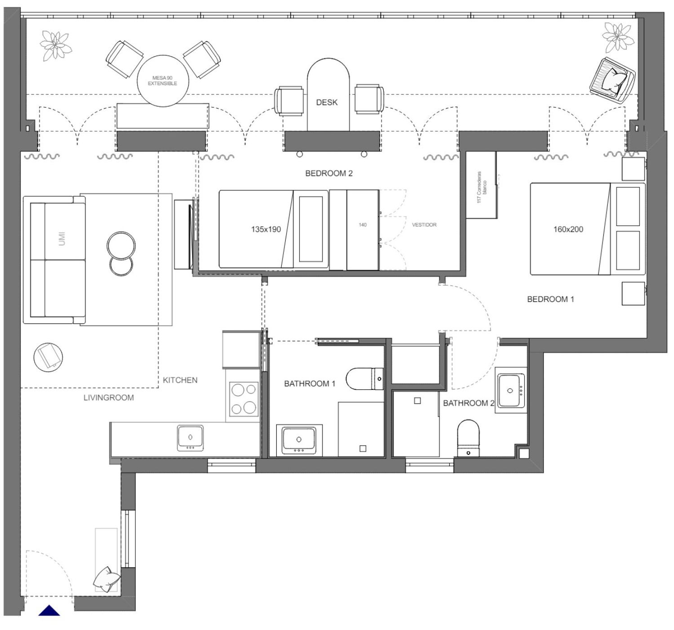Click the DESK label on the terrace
327,102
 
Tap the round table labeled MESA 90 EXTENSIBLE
163,81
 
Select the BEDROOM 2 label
328,173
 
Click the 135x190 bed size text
266,229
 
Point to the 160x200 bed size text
568,229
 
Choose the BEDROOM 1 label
550,299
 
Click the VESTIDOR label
424,225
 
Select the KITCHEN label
180,380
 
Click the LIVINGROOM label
109,397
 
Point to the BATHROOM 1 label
310,383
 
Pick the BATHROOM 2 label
468,403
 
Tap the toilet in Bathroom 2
468,438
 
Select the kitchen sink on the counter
191,438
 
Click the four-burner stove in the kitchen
244,399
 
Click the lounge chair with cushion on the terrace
612,80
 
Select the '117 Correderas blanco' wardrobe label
482,187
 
